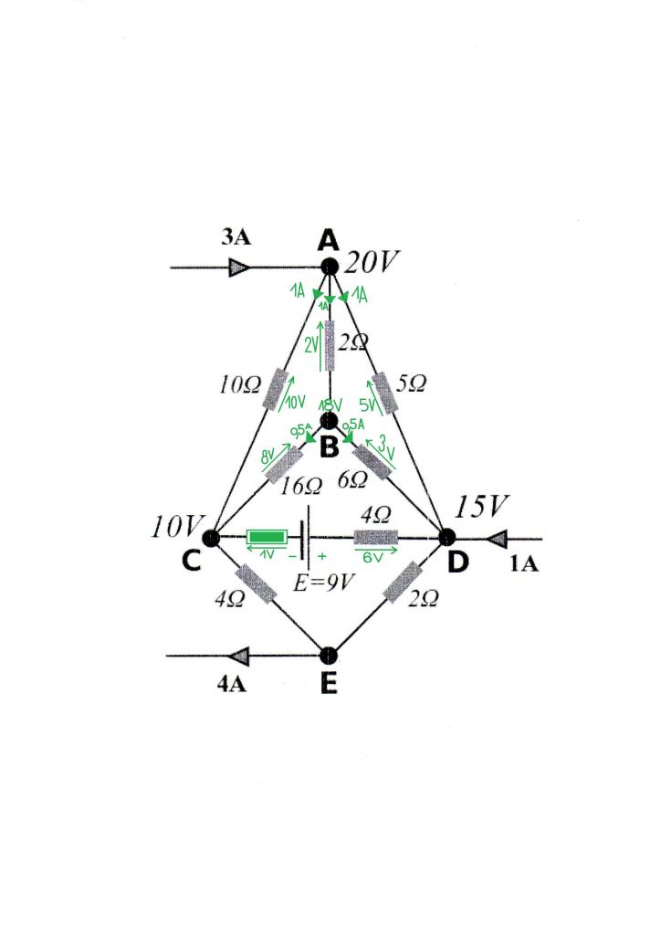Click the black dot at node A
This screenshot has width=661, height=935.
(x=330, y=267)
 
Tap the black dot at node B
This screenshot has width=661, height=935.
(x=330, y=421)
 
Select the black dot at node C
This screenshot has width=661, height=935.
(x=210, y=538)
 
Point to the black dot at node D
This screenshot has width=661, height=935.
(x=447, y=538)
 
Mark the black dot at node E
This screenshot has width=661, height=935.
(x=330, y=655)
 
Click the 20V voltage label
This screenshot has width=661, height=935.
(x=372, y=264)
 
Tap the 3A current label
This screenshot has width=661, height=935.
(x=236, y=238)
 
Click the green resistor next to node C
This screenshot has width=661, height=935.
(x=267, y=538)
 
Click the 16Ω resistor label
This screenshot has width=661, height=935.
(x=300, y=485)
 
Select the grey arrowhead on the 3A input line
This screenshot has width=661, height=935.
(x=239, y=268)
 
